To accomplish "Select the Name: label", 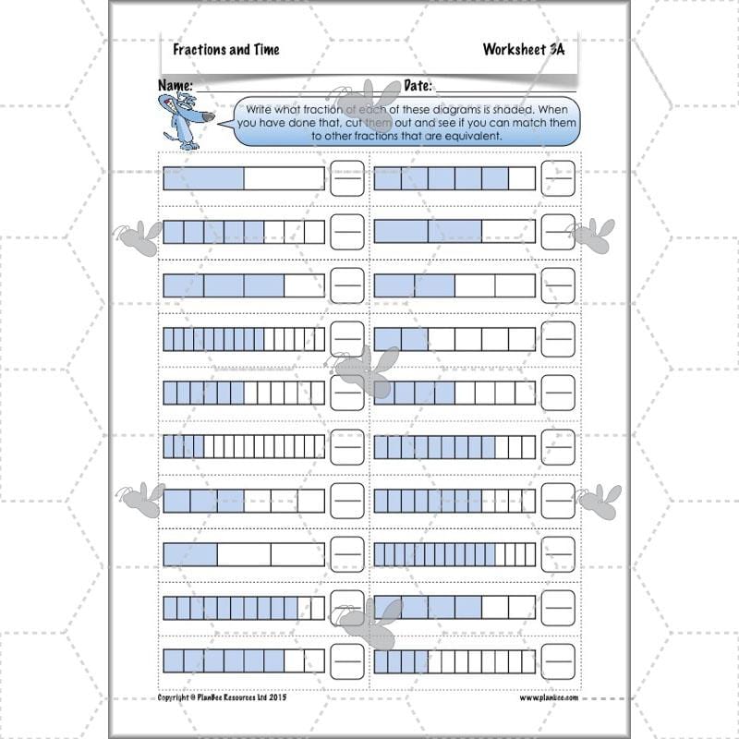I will point(175,85).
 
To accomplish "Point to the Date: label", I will point(418,85).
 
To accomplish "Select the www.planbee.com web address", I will point(548,698).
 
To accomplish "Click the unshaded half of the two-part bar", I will point(284,178).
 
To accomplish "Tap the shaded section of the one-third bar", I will point(190,553).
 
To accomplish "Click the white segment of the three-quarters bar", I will point(304,285).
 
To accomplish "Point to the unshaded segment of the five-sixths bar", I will point(522,178).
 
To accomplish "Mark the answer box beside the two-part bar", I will point(347,178).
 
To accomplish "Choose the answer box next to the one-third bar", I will point(347,553).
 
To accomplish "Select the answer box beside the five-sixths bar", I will point(558,178).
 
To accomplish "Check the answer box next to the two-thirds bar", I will point(558,231).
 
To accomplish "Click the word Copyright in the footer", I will point(176,698).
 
